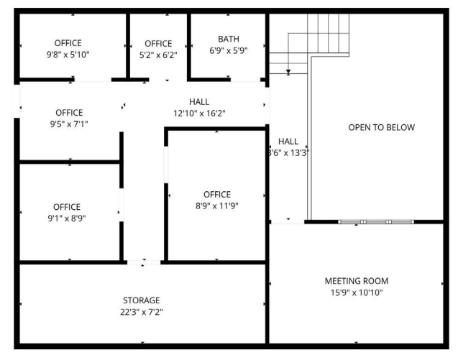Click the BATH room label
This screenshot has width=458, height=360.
(229, 39)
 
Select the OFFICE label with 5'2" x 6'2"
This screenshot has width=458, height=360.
(158, 43)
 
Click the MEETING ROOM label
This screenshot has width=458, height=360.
(357, 280)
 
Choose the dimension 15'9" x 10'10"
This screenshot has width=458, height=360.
(357, 292)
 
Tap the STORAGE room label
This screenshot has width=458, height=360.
(141, 300)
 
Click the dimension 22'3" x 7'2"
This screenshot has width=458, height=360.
(141, 312)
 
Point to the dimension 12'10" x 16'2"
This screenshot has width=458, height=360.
(199, 113)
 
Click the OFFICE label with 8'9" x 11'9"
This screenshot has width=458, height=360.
(217, 194)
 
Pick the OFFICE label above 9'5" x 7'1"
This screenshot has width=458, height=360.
(69, 112)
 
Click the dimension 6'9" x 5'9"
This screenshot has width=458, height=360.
(229, 51)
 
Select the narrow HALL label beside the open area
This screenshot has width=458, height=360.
(288, 142)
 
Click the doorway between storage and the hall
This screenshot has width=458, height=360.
(144, 262)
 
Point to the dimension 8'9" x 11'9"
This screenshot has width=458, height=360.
(217, 206)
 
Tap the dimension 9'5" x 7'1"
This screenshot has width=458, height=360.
(69, 124)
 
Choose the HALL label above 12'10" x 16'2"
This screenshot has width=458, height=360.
(199, 101)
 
